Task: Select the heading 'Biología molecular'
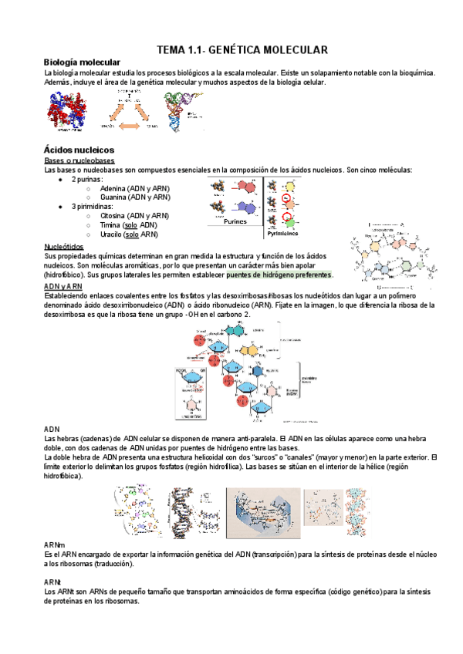(81, 62)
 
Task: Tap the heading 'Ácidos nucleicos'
(79, 149)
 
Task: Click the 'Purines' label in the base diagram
(235, 221)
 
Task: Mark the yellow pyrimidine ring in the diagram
(289, 186)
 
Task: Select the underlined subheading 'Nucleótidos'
(66, 246)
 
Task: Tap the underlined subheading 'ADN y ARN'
(63, 286)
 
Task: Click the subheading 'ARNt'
(52, 582)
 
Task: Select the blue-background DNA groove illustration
(263, 513)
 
